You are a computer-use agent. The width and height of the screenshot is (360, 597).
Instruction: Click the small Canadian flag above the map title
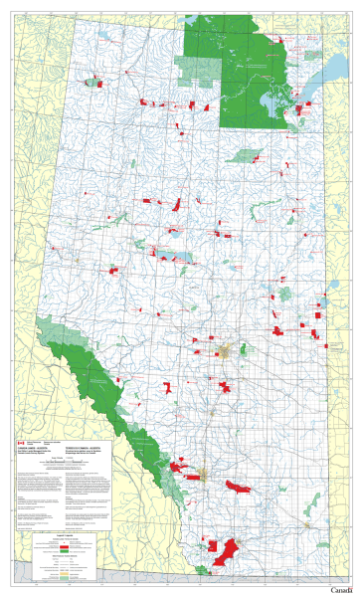pyautogui.click(x=20, y=414)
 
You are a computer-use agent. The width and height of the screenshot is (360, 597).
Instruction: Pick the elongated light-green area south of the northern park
pyautogui.click(x=246, y=154)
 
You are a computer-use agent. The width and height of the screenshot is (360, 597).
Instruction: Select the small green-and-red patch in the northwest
pyautogui.click(x=94, y=83)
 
